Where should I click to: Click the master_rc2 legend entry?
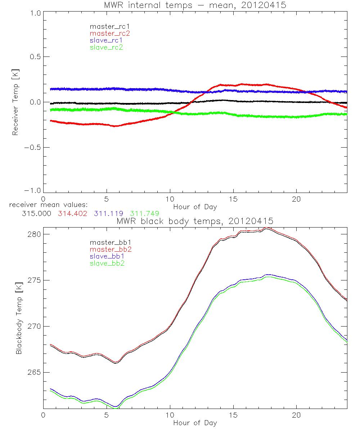109,33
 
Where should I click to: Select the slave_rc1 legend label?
106,40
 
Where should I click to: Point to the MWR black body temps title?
195,221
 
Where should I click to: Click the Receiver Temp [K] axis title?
15,102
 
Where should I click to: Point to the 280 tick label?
34,234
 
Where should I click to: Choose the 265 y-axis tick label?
34,372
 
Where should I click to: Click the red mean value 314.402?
72,213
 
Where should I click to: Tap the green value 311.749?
145,213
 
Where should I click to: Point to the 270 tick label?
34,326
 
